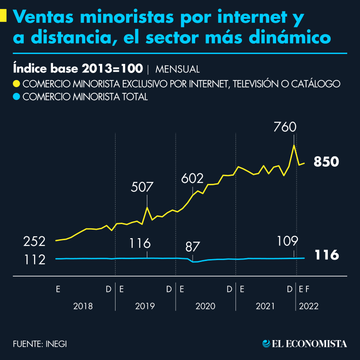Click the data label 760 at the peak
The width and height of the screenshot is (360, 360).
coord(285,127)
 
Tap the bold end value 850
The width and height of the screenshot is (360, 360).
coord(326,162)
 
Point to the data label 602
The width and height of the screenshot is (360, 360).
coord(192,179)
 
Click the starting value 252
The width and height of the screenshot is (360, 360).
coord(35,241)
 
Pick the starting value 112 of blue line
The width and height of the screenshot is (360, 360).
coord(35,260)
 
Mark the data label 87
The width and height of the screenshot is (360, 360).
coord(192,246)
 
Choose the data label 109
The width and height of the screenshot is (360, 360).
coord(287,241)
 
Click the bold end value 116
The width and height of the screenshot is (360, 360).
coord(326,256)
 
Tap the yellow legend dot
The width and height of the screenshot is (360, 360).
coord(17,84)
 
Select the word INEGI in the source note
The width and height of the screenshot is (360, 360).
coord(56,343)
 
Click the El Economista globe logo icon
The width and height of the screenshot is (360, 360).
coord(267,343)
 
